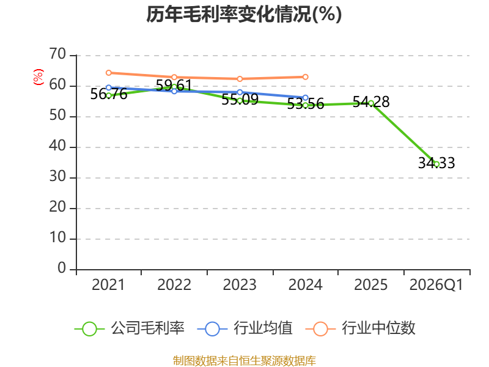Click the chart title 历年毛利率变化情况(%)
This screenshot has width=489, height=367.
point(244,14)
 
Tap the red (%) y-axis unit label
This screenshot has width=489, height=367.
point(39,77)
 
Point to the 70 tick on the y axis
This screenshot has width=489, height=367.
point(57,54)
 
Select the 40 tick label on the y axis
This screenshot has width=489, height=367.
point(57,146)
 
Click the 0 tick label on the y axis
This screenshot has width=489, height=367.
point(62,268)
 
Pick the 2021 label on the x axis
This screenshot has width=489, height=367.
point(108,284)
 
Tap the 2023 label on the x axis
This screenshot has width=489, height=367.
point(240,284)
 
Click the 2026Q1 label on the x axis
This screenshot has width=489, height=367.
point(436,284)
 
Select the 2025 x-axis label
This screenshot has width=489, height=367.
point(371,284)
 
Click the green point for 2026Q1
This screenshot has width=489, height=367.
point(436,164)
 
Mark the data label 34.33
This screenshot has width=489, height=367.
point(436,163)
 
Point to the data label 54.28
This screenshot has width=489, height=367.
point(371,102)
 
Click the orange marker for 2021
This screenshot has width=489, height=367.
point(109,73)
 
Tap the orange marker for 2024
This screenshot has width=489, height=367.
point(305,77)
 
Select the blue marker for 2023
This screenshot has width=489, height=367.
point(240,92)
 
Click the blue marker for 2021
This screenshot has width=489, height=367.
point(109,87)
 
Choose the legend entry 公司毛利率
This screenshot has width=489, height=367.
point(130,328)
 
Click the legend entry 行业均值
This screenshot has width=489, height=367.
point(245,328)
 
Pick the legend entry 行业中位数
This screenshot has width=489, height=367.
point(360,328)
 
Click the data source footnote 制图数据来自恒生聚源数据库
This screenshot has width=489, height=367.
point(244,361)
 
